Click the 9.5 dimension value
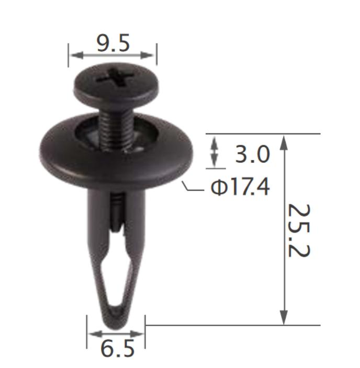[x=113, y=43]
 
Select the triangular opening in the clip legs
[x=116, y=277]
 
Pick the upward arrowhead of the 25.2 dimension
[x=284, y=142]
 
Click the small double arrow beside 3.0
[x=213, y=152]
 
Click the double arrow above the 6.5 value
[x=116, y=333]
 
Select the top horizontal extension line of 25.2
[x=262, y=134]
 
